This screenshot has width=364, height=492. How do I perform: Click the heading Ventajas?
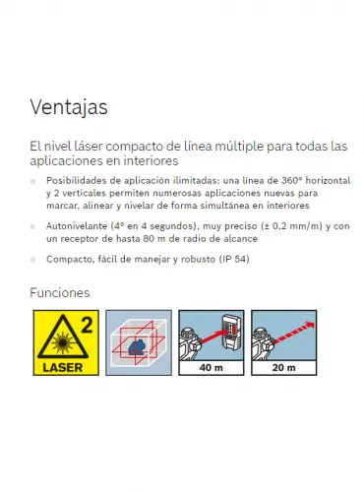69,107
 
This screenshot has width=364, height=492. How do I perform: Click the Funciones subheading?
60,292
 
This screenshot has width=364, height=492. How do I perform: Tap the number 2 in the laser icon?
87,325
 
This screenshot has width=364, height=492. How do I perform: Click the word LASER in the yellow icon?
63,368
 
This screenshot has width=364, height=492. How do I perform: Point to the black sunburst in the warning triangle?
61,342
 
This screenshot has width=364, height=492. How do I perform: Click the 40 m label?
211,368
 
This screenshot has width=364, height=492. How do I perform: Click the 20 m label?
283,368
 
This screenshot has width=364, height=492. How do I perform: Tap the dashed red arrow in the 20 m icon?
294,333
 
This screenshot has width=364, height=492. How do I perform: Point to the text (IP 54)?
234,259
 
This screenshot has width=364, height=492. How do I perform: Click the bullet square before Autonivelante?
32,226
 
